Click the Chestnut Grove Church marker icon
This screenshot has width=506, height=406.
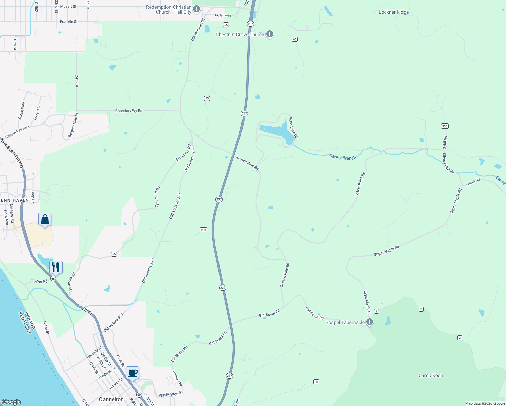[270, 34]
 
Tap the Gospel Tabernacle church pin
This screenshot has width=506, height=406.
[370, 322]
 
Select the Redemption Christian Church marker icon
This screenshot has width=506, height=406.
[197, 8]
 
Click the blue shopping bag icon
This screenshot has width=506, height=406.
[45, 220]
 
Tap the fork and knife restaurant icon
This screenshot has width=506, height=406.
[56, 267]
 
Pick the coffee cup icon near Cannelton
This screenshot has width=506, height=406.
[133, 373]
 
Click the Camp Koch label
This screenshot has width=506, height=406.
[431, 375]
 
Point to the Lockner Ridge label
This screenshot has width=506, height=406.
[394, 12]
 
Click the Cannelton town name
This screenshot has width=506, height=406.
[111, 399]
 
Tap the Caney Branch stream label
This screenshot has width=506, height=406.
[343, 157]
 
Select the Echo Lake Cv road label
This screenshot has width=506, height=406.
[293, 128]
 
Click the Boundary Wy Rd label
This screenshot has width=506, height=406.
[129, 111]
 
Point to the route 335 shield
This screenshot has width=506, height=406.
[445, 126]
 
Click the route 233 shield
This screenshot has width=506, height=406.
[203, 230]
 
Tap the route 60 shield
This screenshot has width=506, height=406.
[316, 382]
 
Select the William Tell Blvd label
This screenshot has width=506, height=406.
[17, 132]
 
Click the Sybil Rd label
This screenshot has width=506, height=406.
[445, 142]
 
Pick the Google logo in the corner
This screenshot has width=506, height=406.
[11, 402]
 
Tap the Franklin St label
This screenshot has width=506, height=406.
[69, 22]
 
